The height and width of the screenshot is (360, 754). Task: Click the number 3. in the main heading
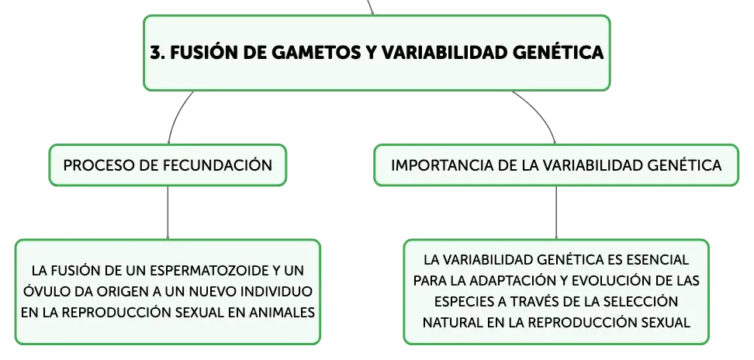point(157,52)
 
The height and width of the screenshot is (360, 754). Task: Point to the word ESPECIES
point(460,302)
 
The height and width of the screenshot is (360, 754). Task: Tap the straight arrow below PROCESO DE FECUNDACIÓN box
point(168,213)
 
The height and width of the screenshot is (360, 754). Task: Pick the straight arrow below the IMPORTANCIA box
point(556,213)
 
